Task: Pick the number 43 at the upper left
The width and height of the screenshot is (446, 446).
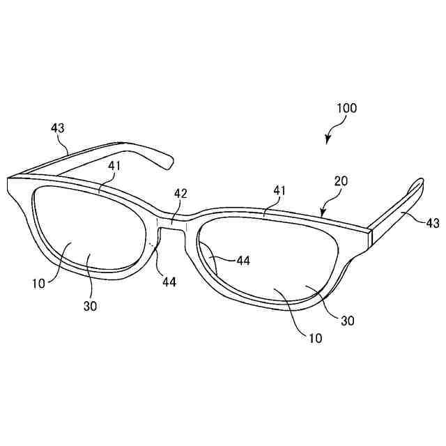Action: click(x=58, y=128)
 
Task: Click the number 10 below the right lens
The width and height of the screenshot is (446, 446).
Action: click(x=316, y=339)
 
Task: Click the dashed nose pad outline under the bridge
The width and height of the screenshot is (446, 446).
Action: click(x=154, y=251)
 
